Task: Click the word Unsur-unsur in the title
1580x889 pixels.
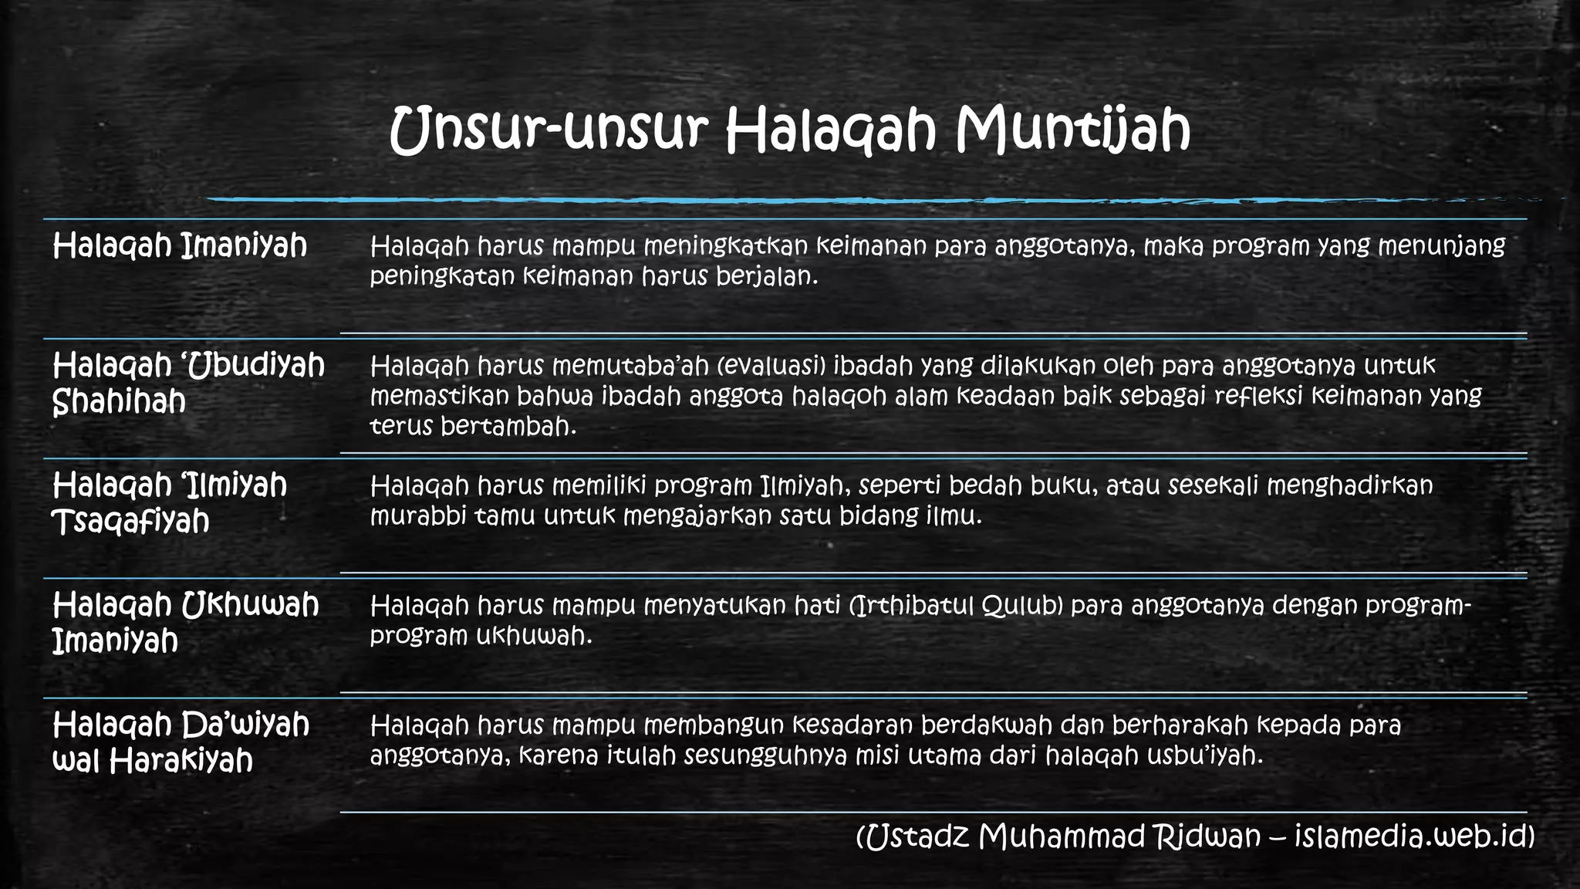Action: pyautogui.click(x=549, y=129)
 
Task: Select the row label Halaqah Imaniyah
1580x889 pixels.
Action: pyautogui.click(x=180, y=246)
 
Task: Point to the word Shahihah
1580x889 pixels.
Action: pyautogui.click(x=119, y=401)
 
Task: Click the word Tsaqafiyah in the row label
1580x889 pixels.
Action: pyautogui.click(x=130, y=522)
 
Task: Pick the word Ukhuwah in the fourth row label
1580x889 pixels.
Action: pyautogui.click(x=250, y=605)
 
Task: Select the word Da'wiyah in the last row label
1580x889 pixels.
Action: pyautogui.click(x=245, y=725)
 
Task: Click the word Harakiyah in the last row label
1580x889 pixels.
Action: pyautogui.click(x=181, y=762)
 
